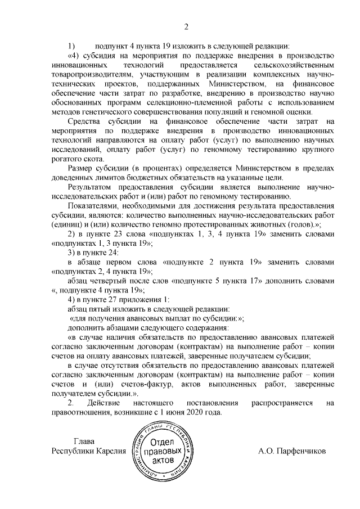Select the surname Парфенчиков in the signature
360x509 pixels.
point(301,451)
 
